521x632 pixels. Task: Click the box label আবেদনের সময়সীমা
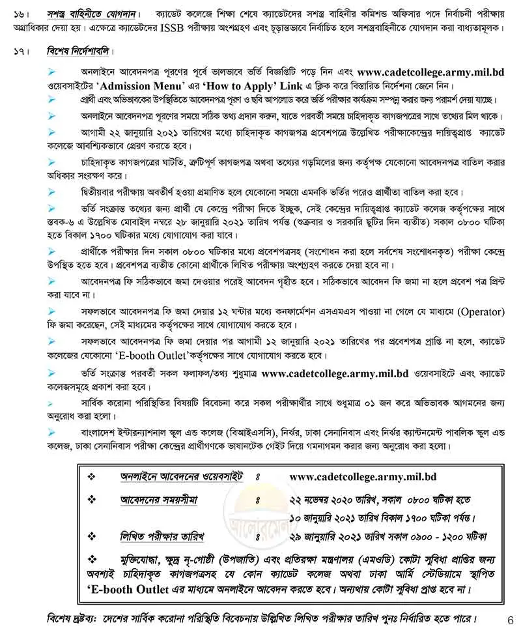tap(159, 500)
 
